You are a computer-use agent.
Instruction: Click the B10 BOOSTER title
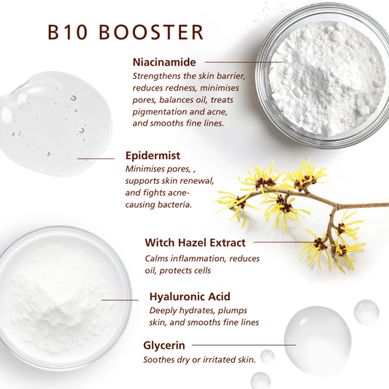(124, 33)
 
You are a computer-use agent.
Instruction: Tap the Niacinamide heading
(165, 62)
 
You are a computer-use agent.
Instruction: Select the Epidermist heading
(153, 155)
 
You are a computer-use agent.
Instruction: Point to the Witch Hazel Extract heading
(195, 242)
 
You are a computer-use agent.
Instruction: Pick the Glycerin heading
(163, 344)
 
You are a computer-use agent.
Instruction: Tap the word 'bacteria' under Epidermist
(172, 205)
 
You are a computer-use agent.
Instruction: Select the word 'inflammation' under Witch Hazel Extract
(207, 258)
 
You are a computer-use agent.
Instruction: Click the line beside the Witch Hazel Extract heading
(285, 242)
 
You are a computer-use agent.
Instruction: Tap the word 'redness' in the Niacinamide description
(180, 88)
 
